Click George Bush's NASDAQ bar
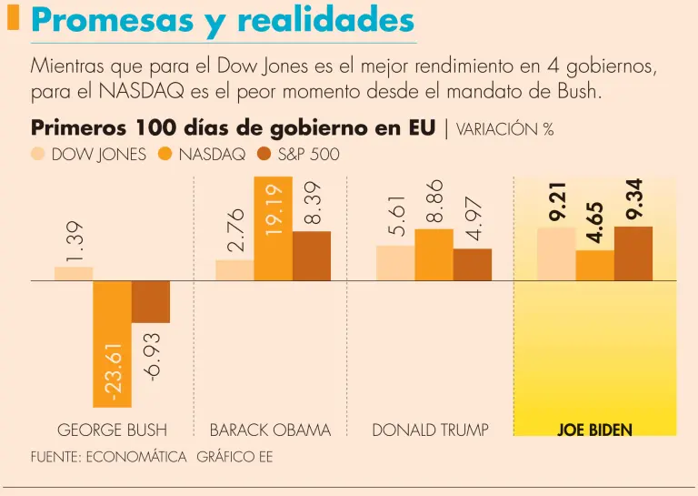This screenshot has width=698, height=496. click(x=112, y=343)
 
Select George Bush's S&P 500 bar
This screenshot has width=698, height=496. click(x=151, y=301)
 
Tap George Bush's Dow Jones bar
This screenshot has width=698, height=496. click(x=74, y=273)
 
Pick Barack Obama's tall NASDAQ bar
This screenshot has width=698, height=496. click(x=273, y=228)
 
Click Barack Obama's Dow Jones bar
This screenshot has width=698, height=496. click(x=234, y=270)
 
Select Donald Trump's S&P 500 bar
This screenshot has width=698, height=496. click(x=473, y=265)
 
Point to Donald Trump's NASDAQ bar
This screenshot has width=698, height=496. click(x=434, y=255)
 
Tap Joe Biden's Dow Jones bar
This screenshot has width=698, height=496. click(x=556, y=254)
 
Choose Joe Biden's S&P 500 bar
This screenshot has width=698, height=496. click(x=633, y=254)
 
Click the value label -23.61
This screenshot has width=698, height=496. click(x=112, y=369)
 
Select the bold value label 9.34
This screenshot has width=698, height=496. click(x=633, y=199)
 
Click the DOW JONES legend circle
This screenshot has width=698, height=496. click(x=38, y=154)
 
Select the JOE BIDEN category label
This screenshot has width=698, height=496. click(x=594, y=430)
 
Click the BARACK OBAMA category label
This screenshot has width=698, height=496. click(x=270, y=430)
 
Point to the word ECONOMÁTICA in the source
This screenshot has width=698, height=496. click(x=136, y=457)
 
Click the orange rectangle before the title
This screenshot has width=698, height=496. click(x=13, y=18)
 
